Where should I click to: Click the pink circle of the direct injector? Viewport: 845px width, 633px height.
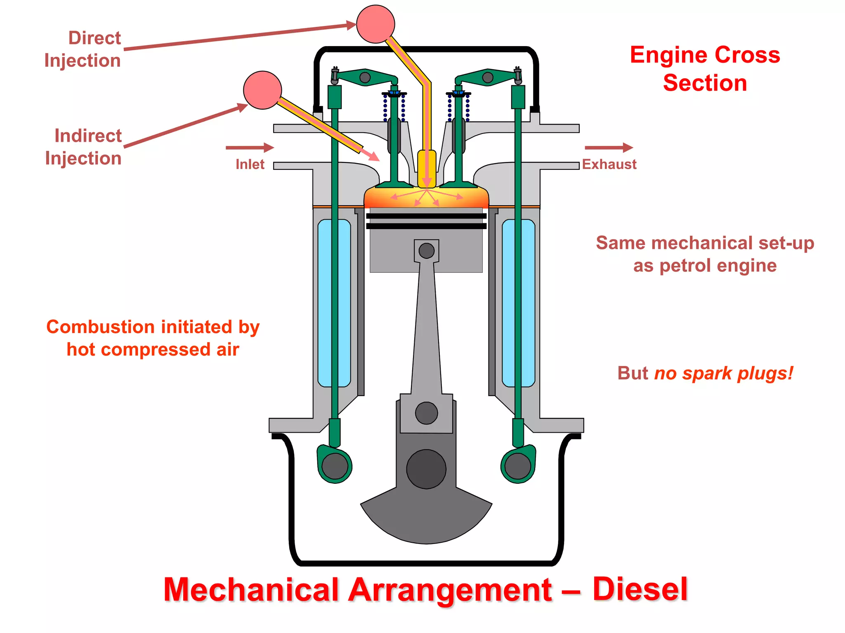coord(375,24)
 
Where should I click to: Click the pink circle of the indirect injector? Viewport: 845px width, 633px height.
coord(262,90)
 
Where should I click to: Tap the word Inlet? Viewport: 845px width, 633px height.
coord(250,164)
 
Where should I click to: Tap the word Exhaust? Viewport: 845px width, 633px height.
coord(609,164)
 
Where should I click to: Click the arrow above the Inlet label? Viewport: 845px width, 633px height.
coord(250,148)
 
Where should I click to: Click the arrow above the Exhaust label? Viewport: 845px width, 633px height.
coord(609,148)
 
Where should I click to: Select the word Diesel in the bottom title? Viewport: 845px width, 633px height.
coord(640,589)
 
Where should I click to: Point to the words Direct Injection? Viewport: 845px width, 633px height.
coord(83,49)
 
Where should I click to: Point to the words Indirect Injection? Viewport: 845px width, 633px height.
coord(84,147)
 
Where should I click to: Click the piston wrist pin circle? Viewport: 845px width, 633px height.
coord(426,251)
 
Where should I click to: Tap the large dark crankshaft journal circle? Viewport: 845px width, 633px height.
coord(426,469)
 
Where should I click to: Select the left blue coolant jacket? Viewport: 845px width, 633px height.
coord(334,303)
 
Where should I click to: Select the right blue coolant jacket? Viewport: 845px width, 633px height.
coord(518,303)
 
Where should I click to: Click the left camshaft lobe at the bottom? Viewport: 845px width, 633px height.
coord(335,466)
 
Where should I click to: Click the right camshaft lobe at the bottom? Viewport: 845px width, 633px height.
coord(518,466)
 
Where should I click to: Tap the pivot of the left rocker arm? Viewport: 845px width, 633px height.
coord(365,77)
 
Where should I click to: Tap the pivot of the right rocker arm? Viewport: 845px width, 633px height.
coord(488,77)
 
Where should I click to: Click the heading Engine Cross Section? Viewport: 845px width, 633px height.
coord(705,69)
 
